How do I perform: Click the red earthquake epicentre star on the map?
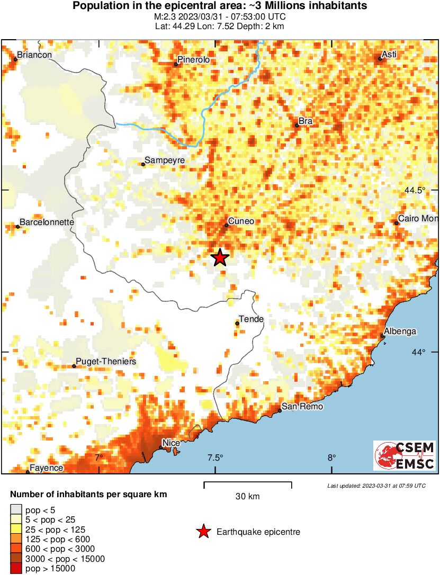coord(220,258)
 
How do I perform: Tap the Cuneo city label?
coord(241,221)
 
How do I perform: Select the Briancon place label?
coord(34,55)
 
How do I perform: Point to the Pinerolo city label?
coord(194,60)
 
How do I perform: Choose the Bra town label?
coord(306,121)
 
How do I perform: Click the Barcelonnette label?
coord(47,222)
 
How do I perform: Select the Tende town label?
coord(252,319)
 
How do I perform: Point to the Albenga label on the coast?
coord(400,331)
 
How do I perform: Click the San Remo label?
coord(301,407)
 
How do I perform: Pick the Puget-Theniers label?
coord(106,362)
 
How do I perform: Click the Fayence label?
coord(47,468)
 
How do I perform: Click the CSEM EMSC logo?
coord(405,456)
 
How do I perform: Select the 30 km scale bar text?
coord(247,496)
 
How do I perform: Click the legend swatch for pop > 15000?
coord(16,569)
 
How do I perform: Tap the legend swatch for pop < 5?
coord(16,510)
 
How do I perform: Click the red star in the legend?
coord(203,532)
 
